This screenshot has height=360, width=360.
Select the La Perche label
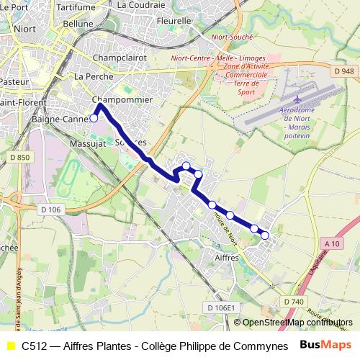pos(90,76)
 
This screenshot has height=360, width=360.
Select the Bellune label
pos(78,23)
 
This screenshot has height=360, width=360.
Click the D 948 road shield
pos(345,71)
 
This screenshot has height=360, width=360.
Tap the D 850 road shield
pos(20,158)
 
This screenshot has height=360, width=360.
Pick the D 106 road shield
pos(51,209)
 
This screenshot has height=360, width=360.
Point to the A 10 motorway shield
pos(332,244)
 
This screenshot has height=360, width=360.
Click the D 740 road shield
pos(292,301)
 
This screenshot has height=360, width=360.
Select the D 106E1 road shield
pos(221,307)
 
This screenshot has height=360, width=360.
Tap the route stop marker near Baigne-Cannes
pos(94,118)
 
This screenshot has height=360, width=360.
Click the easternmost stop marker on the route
pos(265,235)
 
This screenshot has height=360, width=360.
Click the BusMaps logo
pos(325,345)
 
